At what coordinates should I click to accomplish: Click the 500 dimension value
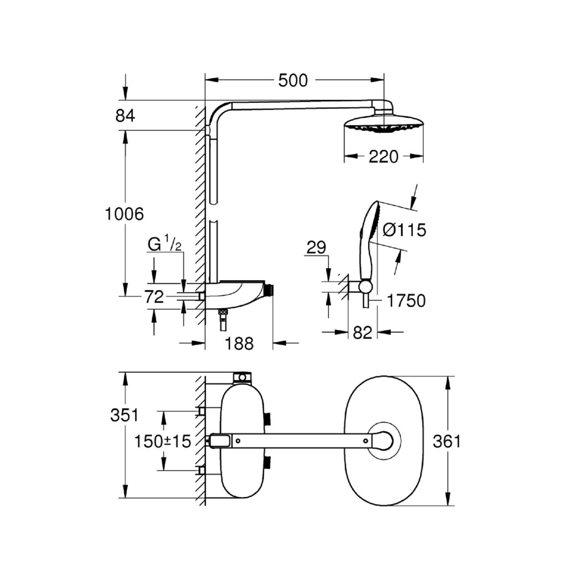(292, 80)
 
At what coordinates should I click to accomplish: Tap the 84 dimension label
(125, 116)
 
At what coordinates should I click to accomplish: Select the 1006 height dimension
(125, 213)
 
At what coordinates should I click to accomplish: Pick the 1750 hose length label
(406, 301)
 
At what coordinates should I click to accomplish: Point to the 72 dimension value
(154, 297)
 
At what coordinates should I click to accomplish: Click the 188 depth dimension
(239, 344)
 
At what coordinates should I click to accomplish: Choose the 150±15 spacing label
(163, 441)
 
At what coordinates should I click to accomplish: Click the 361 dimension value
(446, 441)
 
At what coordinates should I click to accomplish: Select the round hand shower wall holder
(364, 286)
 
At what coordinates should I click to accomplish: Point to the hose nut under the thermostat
(223, 313)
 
